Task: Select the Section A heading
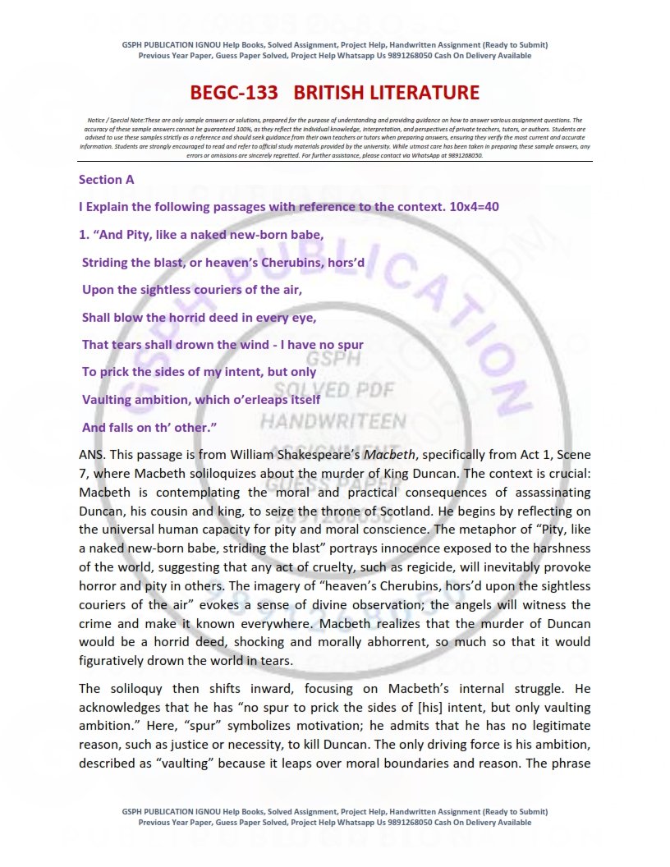[x=106, y=179]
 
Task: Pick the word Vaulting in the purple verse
[x=111, y=400]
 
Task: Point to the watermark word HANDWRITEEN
[x=333, y=422]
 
